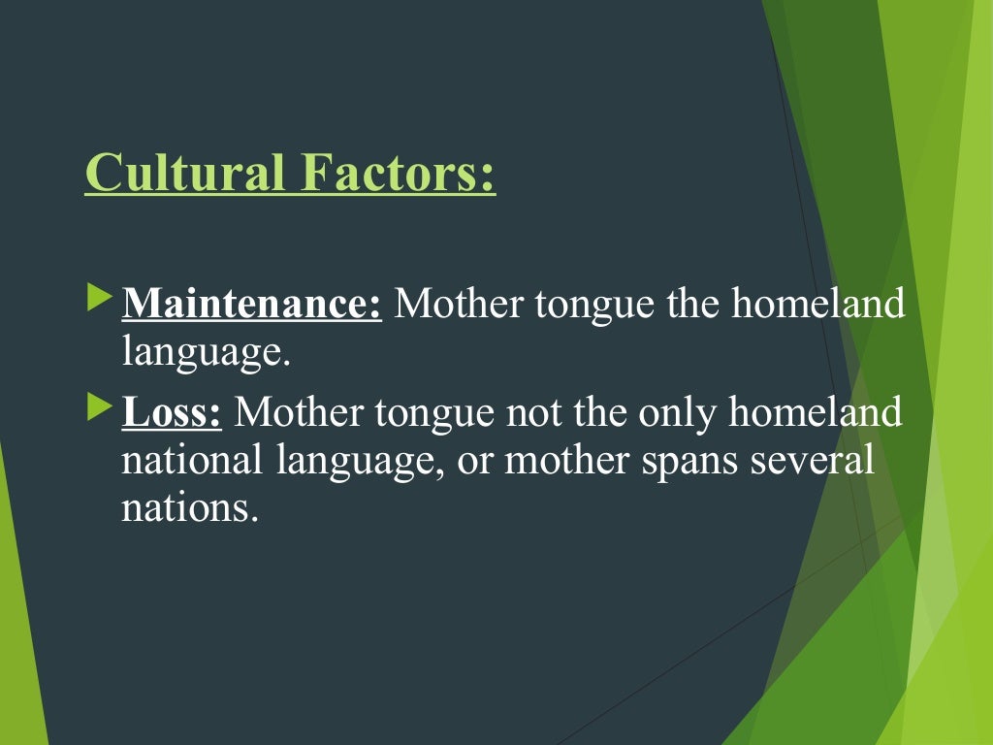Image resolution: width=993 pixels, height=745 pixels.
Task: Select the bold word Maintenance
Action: tap(252, 304)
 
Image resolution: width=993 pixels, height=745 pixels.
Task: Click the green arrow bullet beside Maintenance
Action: tap(100, 297)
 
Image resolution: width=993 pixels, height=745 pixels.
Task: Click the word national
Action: tap(192, 460)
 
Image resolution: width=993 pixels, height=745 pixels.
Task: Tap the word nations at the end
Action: tap(190, 507)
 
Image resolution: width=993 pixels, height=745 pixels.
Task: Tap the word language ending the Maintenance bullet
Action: tap(206, 352)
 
